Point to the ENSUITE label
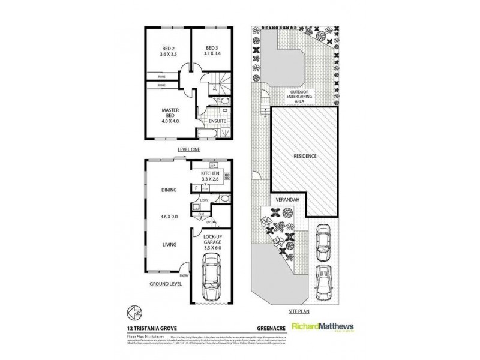pos(217,121)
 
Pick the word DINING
pos(169,191)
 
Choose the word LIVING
pos(169,245)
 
